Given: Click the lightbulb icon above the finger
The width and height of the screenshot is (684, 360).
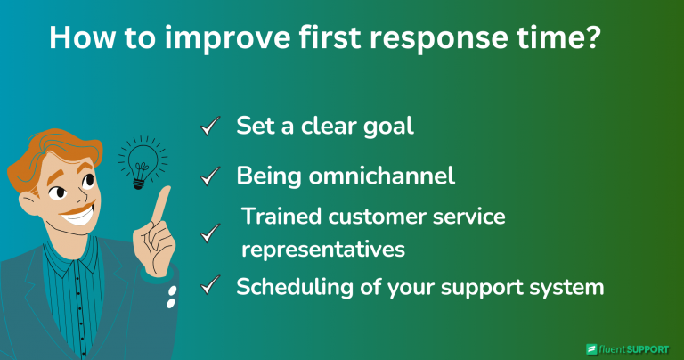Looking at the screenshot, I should (x=138, y=161).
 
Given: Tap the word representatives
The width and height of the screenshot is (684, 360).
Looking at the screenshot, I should (x=323, y=250).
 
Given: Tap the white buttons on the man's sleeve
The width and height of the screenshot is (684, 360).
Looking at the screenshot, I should (x=168, y=298).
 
